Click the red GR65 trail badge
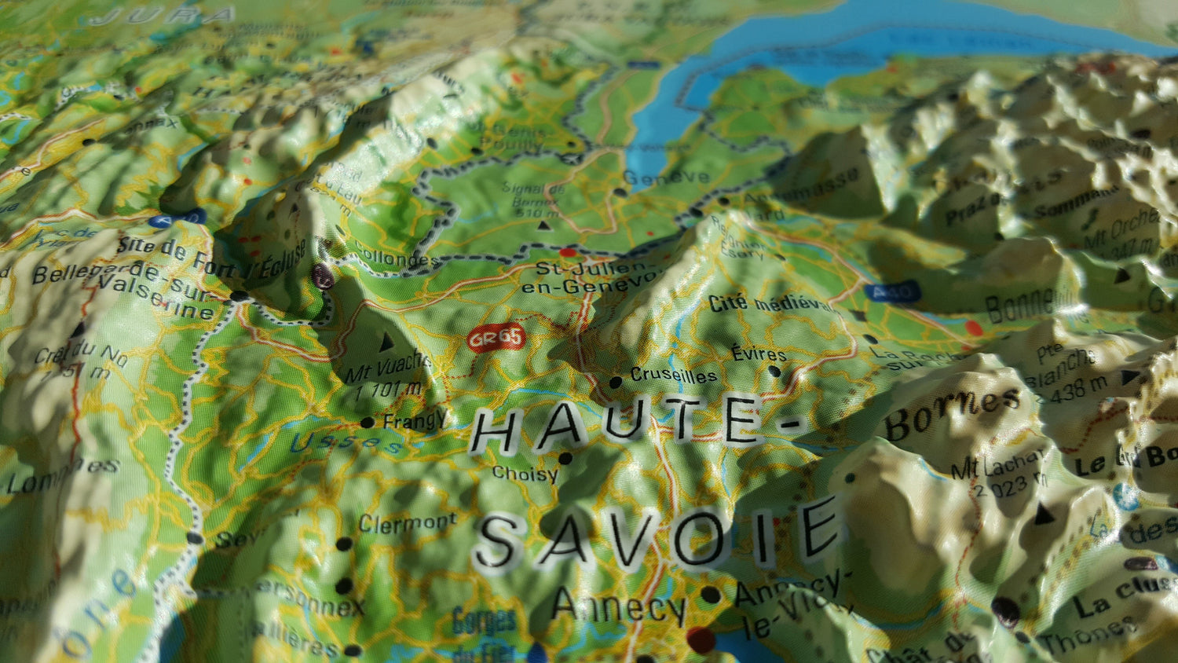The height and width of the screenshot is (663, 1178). pos(496,339)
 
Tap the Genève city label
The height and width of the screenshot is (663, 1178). pos(666,178)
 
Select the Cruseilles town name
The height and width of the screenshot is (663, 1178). pos(674,375)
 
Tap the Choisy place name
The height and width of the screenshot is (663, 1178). pos(525,474)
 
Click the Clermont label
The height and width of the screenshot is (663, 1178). pos(408,522)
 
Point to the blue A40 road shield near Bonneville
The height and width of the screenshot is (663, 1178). pos(892,293)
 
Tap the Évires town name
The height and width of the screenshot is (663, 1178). pos(759,353)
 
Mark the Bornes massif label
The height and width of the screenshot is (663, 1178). pos(953,414)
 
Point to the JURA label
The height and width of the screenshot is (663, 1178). pos(161,16)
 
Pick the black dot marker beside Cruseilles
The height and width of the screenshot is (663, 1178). pos(616,383)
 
